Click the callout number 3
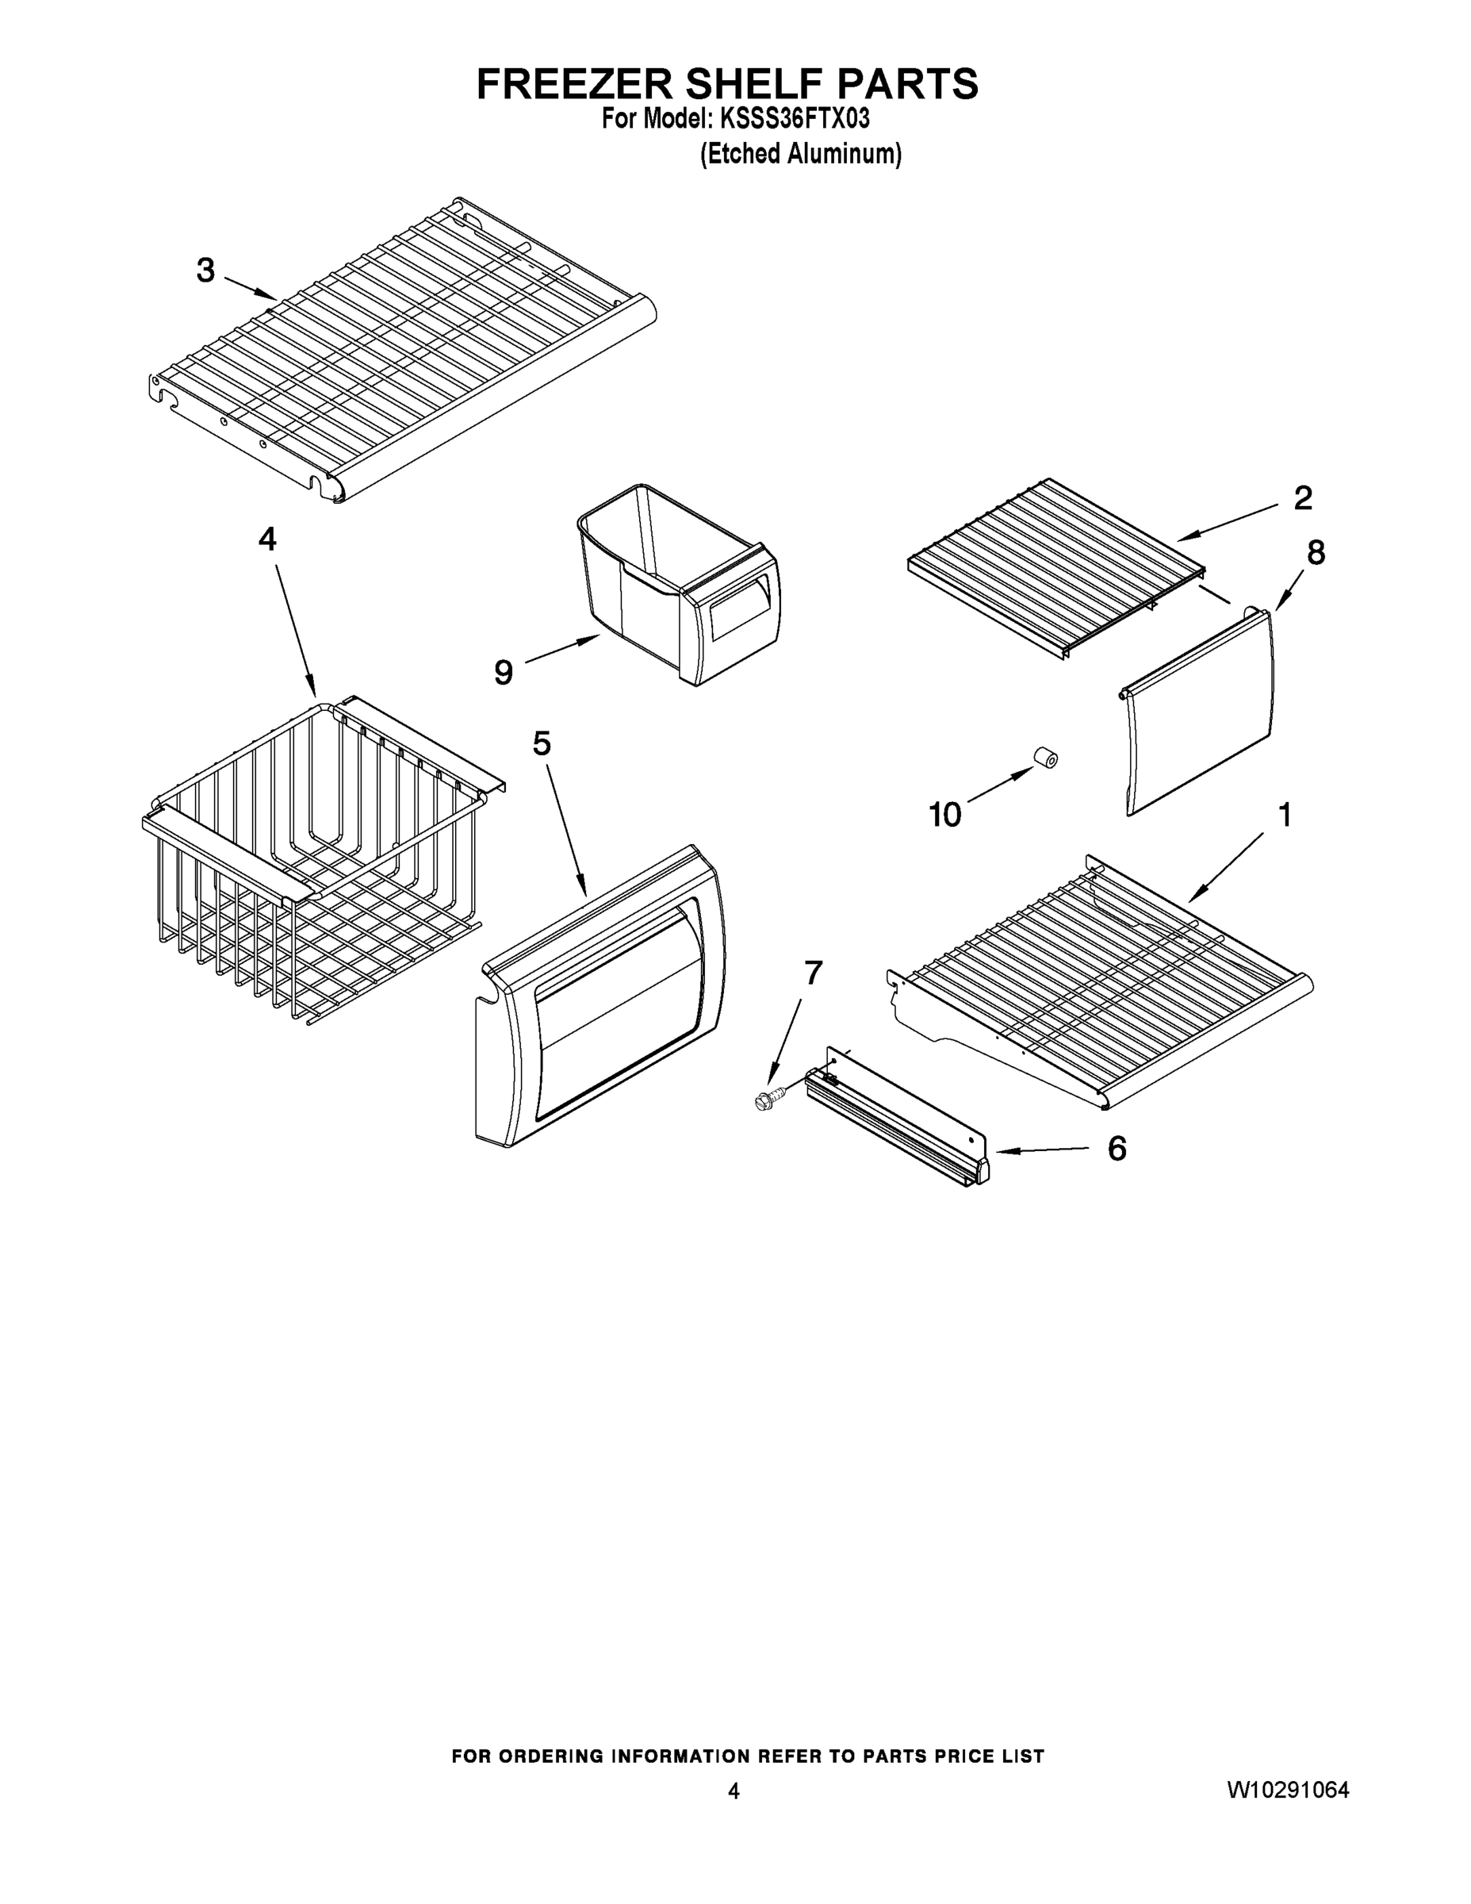pyautogui.click(x=205, y=271)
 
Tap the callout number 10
pyautogui.click(x=944, y=815)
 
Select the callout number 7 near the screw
pyautogui.click(x=812, y=972)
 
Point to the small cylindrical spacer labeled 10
pyautogui.click(x=1046, y=757)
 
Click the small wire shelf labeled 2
pyautogui.click(x=1055, y=566)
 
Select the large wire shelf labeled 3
pyautogui.click(x=401, y=349)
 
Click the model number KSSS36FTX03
pyautogui.click(x=793, y=118)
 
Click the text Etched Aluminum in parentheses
pyautogui.click(x=801, y=155)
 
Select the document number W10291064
pyautogui.click(x=1288, y=1790)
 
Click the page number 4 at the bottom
pyautogui.click(x=734, y=1791)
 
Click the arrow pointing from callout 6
pyautogui.click(x=1041, y=1151)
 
